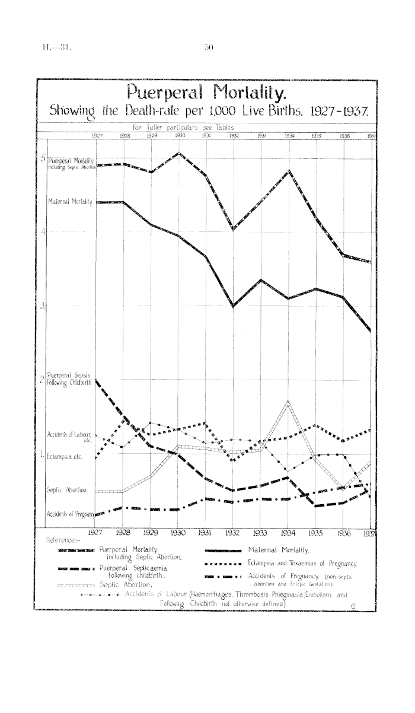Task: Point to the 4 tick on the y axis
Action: click(43, 231)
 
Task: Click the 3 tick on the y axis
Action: click(43, 307)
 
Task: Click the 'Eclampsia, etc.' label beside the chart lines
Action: click(65, 457)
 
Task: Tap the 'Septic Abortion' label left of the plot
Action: click(66, 490)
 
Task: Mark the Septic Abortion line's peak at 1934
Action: click(288, 402)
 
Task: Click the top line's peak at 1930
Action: click(179, 154)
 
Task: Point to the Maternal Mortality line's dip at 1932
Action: click(234, 306)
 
